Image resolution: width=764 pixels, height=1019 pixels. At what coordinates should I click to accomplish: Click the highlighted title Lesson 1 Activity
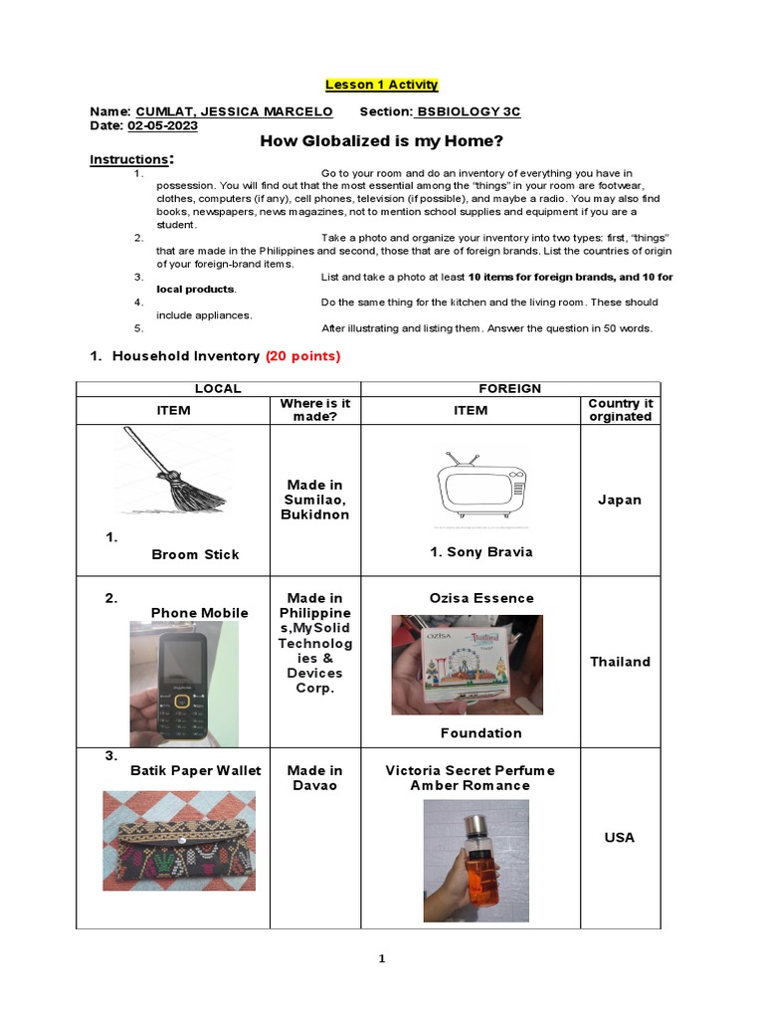pos(382,85)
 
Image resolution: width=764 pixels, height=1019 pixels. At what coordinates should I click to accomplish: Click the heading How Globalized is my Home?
pos(382,140)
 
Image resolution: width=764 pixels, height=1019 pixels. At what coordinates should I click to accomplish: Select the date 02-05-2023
pos(163,126)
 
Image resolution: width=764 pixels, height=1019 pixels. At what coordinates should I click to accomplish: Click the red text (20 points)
pos(302,356)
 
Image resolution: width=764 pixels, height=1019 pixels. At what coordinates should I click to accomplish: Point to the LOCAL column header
pos(218,388)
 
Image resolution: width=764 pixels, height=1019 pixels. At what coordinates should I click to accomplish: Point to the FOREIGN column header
pos(510,388)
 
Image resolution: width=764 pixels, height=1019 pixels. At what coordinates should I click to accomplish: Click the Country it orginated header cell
pos(620,410)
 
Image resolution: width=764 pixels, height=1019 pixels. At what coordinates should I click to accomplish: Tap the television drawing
pos(479,487)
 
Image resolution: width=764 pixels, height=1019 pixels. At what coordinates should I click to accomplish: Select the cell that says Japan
pos(620,500)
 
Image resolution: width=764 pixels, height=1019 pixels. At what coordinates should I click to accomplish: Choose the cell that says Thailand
pos(620,662)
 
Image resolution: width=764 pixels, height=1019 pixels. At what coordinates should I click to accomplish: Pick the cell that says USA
pos(620,837)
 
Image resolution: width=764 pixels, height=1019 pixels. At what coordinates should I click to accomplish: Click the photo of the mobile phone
pos(183,684)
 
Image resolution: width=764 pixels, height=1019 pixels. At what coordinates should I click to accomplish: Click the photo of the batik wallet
pos(179,841)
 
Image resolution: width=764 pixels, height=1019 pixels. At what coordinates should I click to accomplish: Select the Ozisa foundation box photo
pos(466,664)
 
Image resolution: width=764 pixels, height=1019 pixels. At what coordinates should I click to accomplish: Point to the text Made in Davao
pos(314,778)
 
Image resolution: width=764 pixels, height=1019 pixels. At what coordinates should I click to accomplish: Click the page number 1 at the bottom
pos(381,958)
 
